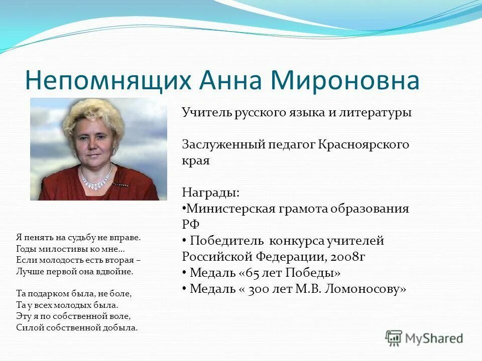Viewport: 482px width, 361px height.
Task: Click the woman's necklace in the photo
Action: click(97, 182)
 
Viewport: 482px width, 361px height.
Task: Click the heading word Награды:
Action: click(210, 193)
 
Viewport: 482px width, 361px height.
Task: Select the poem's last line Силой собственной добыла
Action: click(77, 327)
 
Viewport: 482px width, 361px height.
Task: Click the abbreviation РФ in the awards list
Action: click(191, 225)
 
